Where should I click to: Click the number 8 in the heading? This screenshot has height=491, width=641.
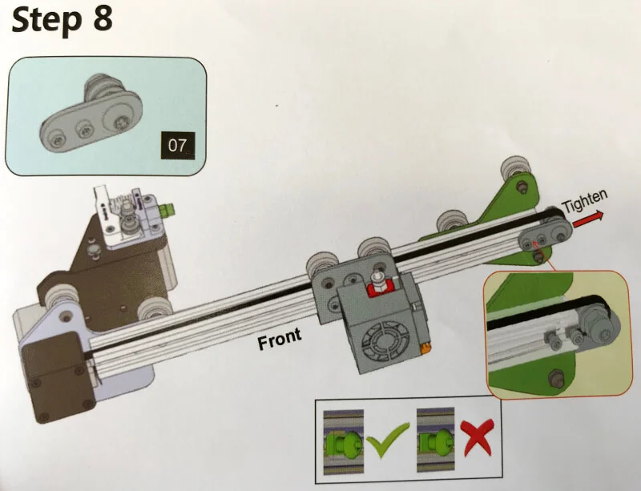pyautogui.click(x=103, y=19)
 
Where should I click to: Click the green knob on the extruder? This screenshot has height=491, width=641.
pyautogui.click(x=170, y=212)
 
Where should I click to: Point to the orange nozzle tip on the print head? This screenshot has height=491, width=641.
pyautogui.click(x=425, y=348)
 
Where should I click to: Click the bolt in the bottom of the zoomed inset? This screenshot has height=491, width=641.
pyautogui.click(x=554, y=376)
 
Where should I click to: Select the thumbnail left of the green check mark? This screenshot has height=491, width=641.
pyautogui.click(x=343, y=439)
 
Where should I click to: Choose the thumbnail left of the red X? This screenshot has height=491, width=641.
pyautogui.click(x=433, y=439)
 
